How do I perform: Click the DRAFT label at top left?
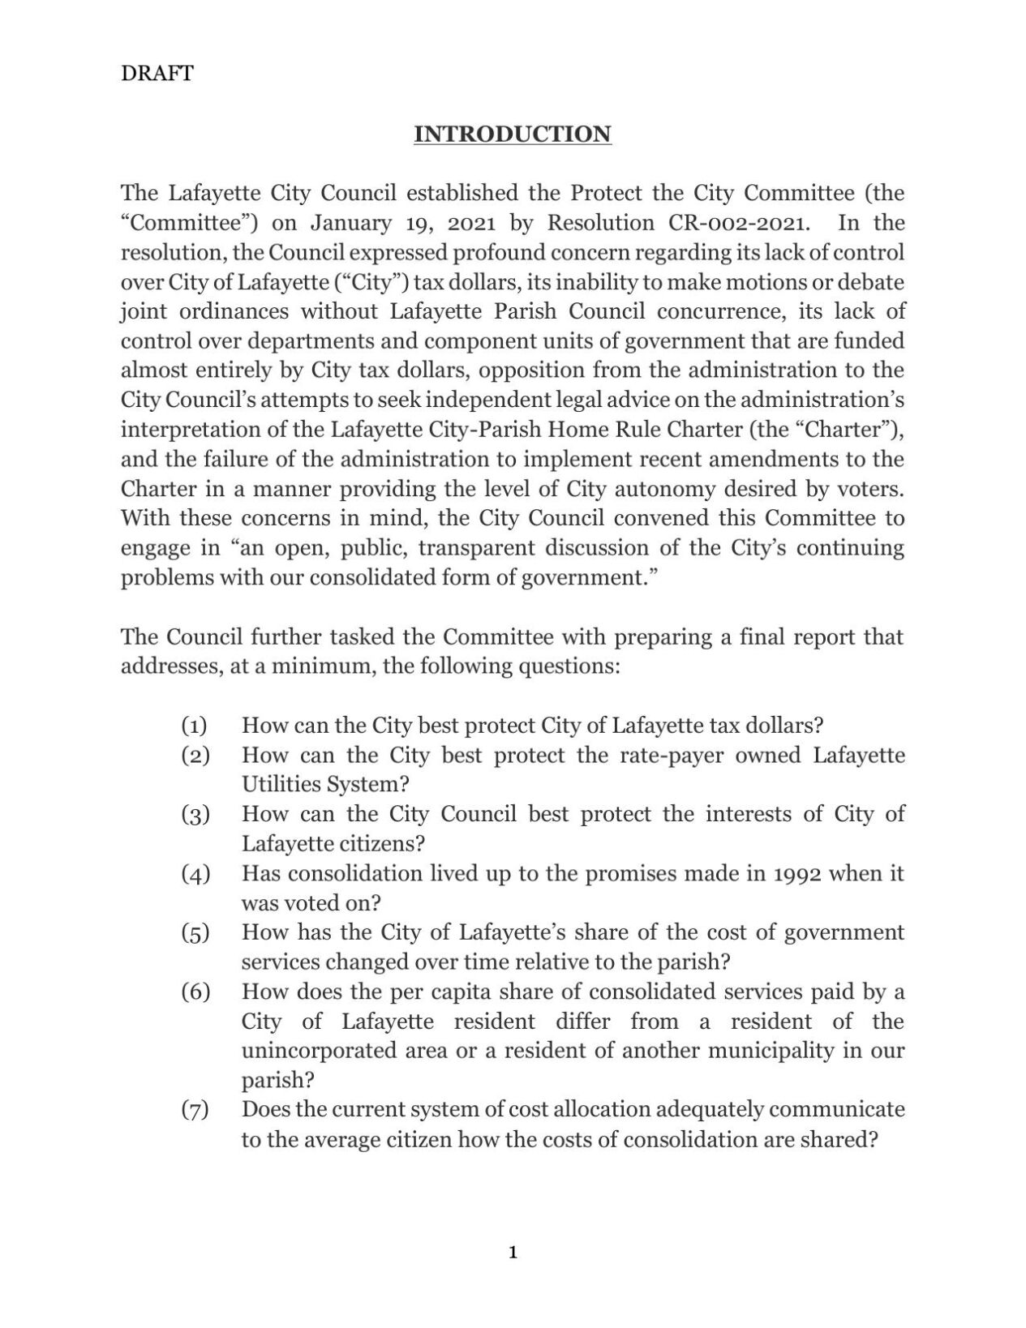tap(157, 74)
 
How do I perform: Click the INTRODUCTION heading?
tap(512, 135)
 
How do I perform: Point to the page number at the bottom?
tap(513, 1253)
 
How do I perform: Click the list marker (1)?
tap(195, 725)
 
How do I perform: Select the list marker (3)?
tap(195, 814)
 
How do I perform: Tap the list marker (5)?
tap(195, 932)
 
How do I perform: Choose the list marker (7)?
tap(195, 1109)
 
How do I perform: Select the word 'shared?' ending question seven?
tap(840, 1139)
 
